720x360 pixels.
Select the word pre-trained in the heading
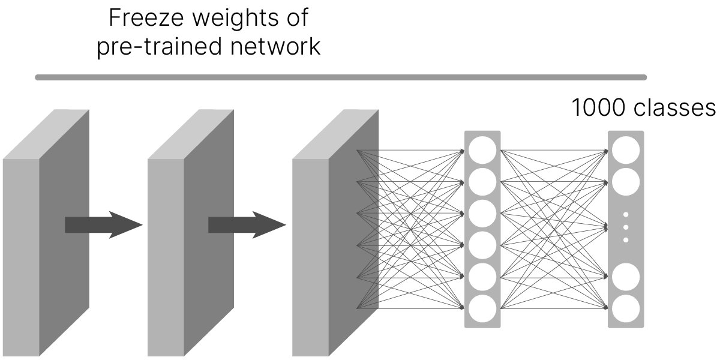click(x=159, y=47)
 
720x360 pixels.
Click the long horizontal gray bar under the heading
click(x=341, y=77)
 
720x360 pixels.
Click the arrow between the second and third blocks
click(x=247, y=225)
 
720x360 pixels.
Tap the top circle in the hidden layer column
click(x=482, y=150)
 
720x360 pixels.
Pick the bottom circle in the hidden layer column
click(x=482, y=309)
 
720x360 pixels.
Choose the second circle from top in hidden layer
click(x=482, y=182)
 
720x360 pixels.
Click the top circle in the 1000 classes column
click(x=626, y=150)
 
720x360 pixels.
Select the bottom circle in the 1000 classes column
click(x=626, y=309)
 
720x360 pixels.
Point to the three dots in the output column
click(x=626, y=227)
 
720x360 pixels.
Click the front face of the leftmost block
click(x=21, y=258)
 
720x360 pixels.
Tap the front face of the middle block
click(x=165, y=258)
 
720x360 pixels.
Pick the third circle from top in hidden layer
click(x=482, y=214)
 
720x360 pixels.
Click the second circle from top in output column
click(x=626, y=182)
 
